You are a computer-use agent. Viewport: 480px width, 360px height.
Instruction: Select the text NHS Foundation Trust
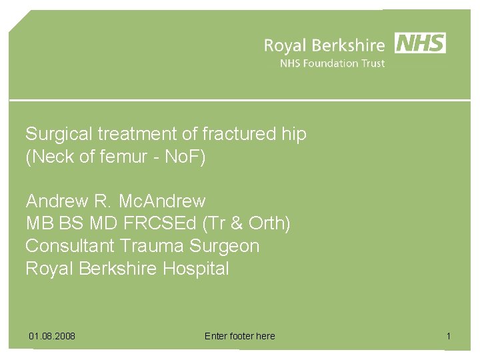pos(332,64)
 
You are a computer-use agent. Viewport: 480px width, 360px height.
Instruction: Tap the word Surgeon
pos(225,246)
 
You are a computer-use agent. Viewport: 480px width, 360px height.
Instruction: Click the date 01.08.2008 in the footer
pos(52,336)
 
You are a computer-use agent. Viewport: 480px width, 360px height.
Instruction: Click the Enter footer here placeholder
pos(239,336)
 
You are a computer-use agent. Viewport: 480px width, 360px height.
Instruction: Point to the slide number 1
pos(449,336)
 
